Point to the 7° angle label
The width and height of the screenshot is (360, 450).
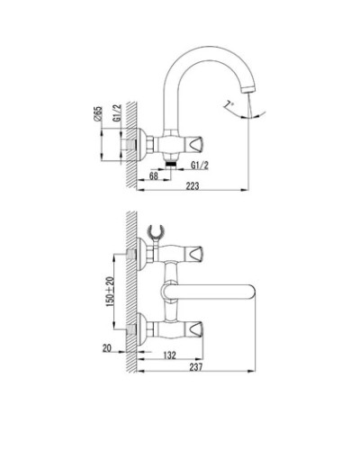pyautogui.click(x=233, y=104)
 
